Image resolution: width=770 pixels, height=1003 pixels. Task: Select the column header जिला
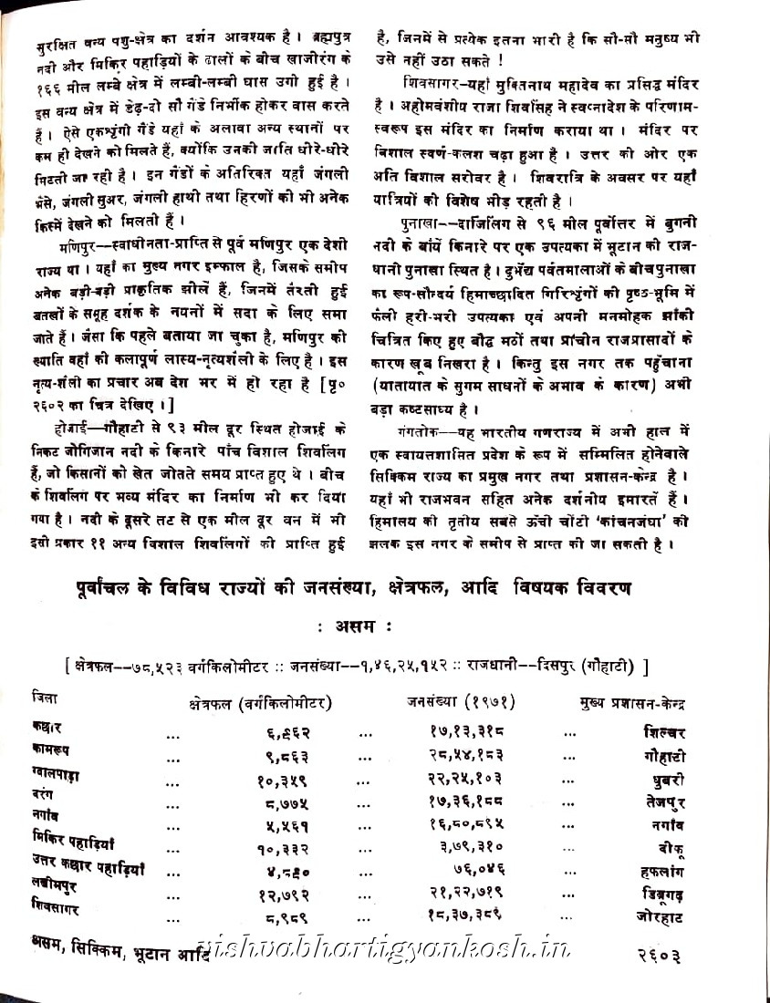click(x=42, y=698)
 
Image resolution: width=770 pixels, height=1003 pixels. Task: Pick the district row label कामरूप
click(x=54, y=750)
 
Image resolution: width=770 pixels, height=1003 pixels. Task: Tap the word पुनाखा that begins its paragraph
click(x=413, y=222)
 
